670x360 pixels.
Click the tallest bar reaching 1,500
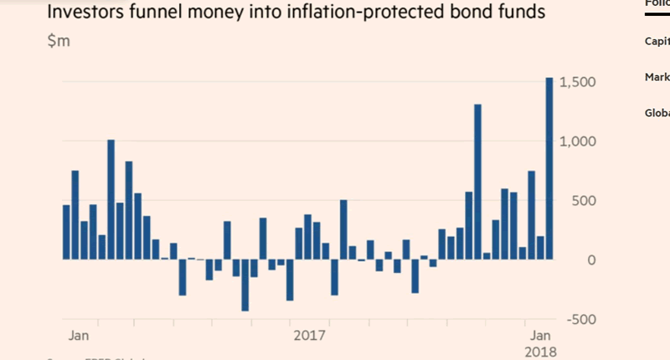click(549, 168)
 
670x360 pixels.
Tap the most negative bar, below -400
click(245, 285)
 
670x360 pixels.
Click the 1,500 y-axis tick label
click(577, 82)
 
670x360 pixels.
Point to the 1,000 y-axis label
click(577, 141)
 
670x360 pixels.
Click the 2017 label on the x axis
click(308, 335)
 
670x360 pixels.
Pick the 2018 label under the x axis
click(541, 352)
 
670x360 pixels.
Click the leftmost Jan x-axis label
click(79, 335)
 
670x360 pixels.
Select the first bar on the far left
click(66, 232)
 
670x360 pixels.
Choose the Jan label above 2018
click(541, 335)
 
